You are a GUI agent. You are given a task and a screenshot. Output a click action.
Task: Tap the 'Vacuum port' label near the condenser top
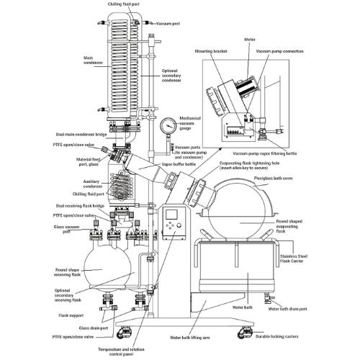(x=170, y=24)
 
